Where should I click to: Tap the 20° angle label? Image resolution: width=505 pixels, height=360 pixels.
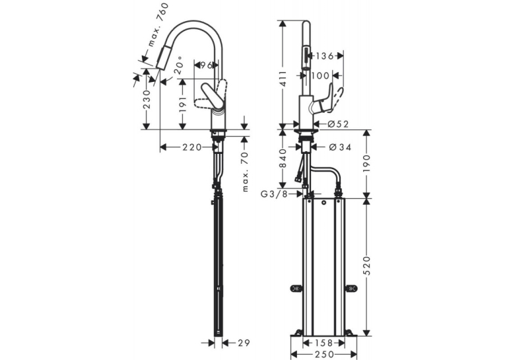179,65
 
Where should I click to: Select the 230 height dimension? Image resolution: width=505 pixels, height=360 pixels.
147,99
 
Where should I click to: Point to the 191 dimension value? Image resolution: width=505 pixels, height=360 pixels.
183,104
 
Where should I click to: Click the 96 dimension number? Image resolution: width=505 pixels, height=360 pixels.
207,65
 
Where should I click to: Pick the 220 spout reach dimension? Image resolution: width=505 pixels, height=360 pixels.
192,147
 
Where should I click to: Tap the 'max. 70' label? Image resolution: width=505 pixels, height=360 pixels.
245,172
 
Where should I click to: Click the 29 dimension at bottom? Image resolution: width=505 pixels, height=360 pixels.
244,343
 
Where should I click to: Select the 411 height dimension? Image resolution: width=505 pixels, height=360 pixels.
283,79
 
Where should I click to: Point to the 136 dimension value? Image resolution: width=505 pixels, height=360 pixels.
324,56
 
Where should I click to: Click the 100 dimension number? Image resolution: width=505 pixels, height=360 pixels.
320,76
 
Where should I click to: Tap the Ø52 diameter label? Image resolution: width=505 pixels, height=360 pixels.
338,124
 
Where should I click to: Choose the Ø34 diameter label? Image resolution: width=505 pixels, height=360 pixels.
340,147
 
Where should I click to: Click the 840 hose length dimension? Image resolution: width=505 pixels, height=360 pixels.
283,159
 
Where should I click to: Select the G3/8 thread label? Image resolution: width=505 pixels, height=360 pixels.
274,194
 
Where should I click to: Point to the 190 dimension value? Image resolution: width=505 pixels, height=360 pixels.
367,163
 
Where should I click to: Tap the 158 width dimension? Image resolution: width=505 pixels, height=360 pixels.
323,343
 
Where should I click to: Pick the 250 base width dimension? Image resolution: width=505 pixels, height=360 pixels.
323,355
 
